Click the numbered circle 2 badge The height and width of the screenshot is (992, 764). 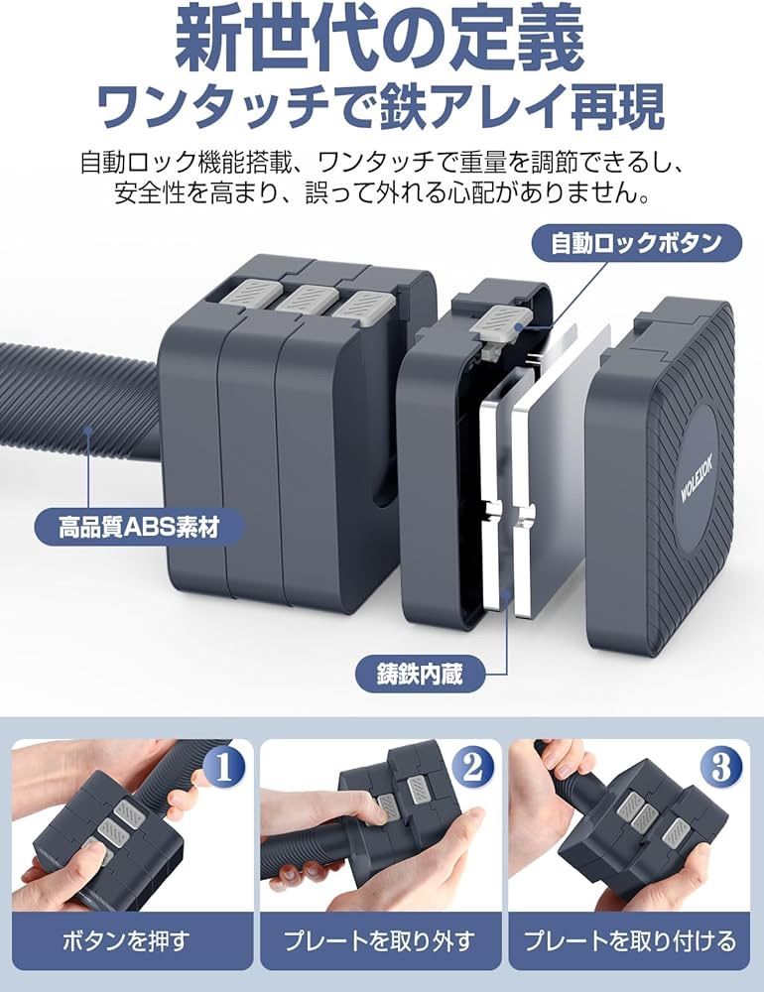[x=472, y=766]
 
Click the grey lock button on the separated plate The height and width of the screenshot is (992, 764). [x=505, y=320]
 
